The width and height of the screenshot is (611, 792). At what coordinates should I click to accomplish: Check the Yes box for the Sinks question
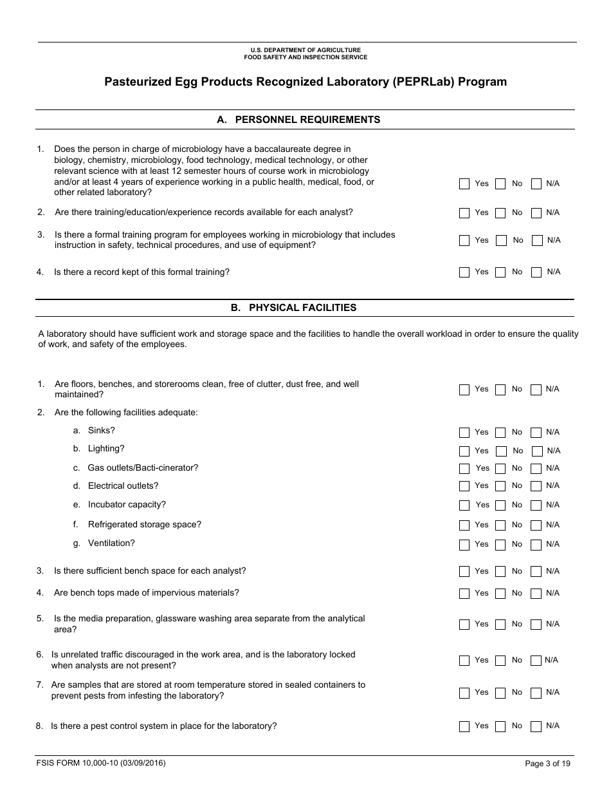[x=464, y=433]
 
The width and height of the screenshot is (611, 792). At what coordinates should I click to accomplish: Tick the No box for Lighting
[x=502, y=451]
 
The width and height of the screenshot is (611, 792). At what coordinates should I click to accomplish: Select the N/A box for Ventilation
[x=536, y=545]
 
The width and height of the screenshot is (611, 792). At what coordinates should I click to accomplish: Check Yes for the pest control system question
[x=464, y=726]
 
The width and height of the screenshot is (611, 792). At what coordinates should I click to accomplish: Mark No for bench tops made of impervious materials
[x=500, y=594]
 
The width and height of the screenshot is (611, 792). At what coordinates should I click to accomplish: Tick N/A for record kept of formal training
[x=536, y=272]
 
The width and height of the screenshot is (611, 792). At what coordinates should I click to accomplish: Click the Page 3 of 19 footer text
[x=547, y=764]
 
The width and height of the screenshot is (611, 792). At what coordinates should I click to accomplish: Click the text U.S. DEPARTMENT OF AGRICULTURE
[x=305, y=50]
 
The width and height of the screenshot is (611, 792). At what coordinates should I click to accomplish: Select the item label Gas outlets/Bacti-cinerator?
[x=143, y=467]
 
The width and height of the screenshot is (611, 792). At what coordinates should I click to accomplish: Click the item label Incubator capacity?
[x=127, y=505]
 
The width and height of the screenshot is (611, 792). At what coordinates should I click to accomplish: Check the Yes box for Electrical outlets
[x=464, y=486]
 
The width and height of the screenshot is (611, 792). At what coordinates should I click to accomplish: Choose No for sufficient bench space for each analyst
[x=500, y=572]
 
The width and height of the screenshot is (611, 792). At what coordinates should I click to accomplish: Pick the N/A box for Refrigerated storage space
[x=536, y=525]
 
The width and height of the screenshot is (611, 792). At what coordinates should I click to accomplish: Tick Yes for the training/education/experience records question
[x=464, y=213]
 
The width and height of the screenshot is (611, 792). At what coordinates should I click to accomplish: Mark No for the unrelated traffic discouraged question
[x=500, y=661]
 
